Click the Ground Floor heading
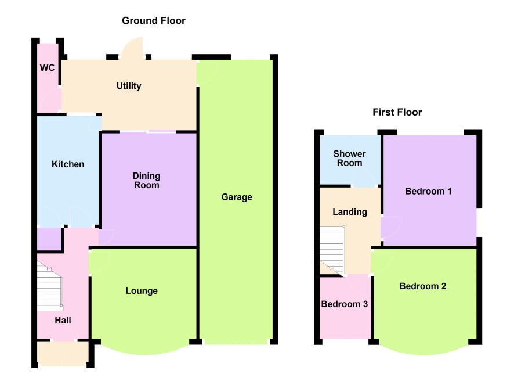(x=153, y=21)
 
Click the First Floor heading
(x=397, y=112)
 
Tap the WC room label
(x=47, y=68)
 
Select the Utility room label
(x=129, y=86)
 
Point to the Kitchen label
(x=68, y=164)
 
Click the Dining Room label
(x=147, y=181)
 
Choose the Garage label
(x=237, y=197)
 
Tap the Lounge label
(x=142, y=291)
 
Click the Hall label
(x=63, y=320)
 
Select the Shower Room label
(x=349, y=159)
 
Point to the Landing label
(x=350, y=212)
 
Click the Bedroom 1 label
(x=428, y=191)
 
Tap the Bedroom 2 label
(x=423, y=286)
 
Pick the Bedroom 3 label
(x=345, y=304)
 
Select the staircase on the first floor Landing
(x=332, y=251)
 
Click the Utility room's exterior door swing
(x=132, y=49)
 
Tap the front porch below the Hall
(x=63, y=354)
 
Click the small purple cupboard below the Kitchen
(x=49, y=239)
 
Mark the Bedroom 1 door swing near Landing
(x=392, y=228)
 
